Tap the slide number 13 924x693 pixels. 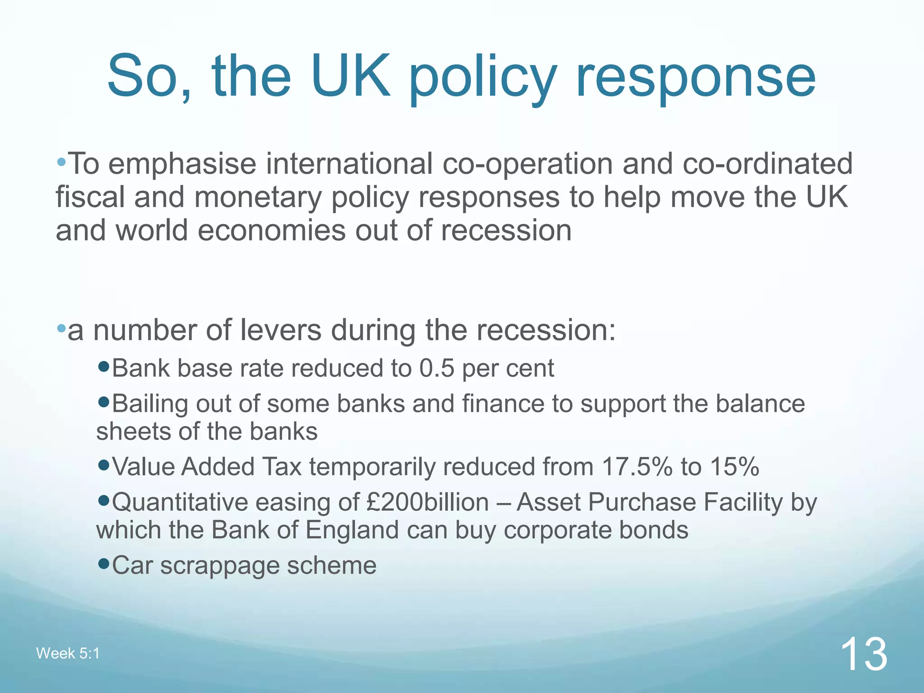[864, 654]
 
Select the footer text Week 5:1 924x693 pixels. [68, 653]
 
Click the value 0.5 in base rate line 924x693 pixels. [436, 368]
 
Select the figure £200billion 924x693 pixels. [428, 502]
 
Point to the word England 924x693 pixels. [352, 530]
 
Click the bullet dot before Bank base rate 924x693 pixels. [103, 366]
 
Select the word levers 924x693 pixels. [280, 330]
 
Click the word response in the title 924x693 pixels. [695, 77]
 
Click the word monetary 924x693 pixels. [258, 198]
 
